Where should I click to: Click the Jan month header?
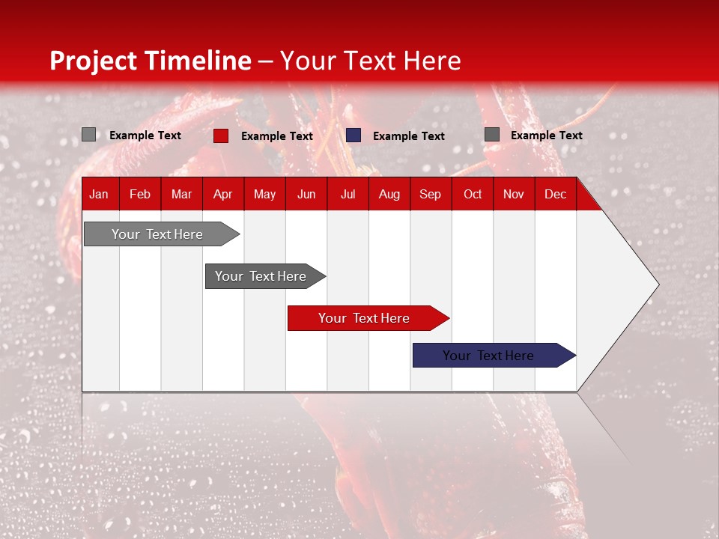(99, 195)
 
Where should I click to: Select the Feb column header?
(140, 195)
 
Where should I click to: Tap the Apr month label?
(223, 195)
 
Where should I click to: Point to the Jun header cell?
(306, 195)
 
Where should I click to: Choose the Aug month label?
(389, 195)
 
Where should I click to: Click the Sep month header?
(431, 195)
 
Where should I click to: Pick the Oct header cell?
(473, 195)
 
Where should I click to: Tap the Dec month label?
(556, 195)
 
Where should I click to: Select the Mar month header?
(182, 195)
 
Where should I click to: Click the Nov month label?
(514, 195)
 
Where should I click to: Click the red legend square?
(221, 135)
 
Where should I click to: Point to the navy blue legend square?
(354, 135)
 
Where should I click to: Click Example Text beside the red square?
(277, 136)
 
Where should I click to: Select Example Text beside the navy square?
(409, 136)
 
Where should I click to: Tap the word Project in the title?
(93, 61)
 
